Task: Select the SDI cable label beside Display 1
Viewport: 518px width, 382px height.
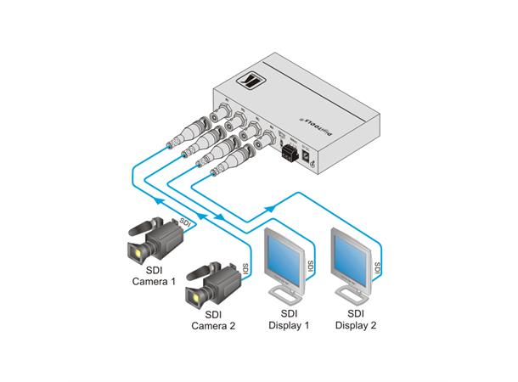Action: point(310,266)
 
